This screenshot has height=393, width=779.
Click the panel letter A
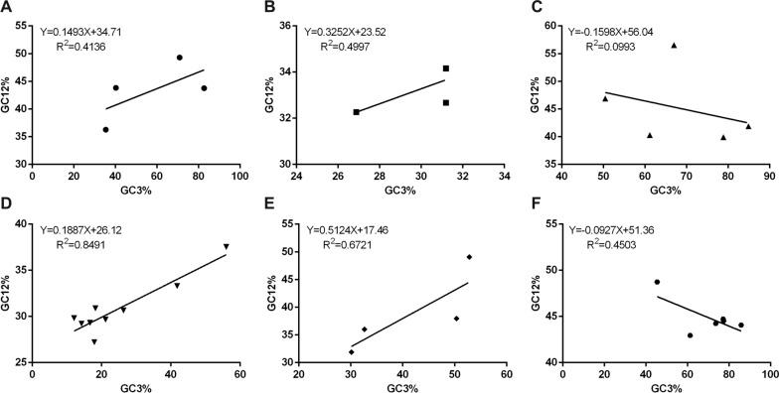point(9,9)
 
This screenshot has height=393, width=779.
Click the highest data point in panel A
point(180,58)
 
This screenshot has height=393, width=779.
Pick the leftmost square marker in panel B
point(356,112)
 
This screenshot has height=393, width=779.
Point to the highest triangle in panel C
point(674,45)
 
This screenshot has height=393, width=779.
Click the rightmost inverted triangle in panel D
point(226,246)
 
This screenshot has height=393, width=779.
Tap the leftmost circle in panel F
point(657,282)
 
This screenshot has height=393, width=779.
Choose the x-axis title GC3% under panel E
point(401,384)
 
